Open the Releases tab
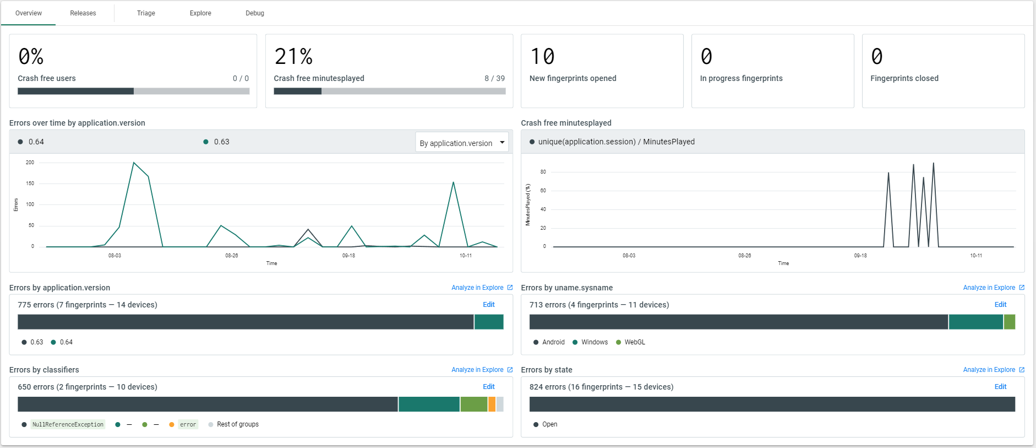click(x=83, y=13)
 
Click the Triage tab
click(x=146, y=13)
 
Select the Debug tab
click(x=254, y=13)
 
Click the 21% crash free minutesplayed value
click(x=293, y=57)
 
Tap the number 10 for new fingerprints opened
click(x=542, y=57)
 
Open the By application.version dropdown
click(x=461, y=143)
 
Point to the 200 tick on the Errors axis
click(x=30, y=163)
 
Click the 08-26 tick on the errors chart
click(x=231, y=256)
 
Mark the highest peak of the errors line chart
click(x=134, y=163)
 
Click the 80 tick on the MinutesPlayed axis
click(x=543, y=172)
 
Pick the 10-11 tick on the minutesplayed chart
click(x=975, y=256)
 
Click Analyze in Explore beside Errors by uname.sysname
click(x=989, y=288)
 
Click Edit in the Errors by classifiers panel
click(x=488, y=387)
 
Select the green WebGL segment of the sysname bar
click(x=1009, y=322)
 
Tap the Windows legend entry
click(x=594, y=342)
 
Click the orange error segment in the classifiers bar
click(x=492, y=404)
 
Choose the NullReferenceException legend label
click(x=68, y=424)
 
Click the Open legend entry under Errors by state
click(x=549, y=424)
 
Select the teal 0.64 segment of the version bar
click(x=488, y=322)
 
